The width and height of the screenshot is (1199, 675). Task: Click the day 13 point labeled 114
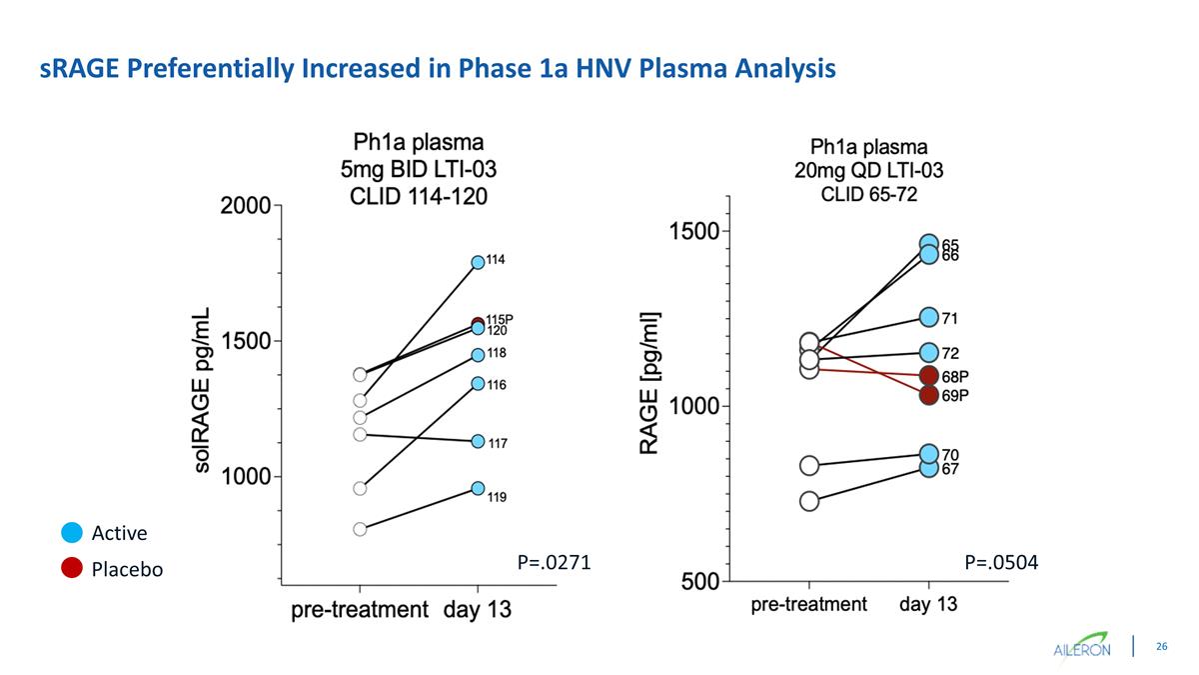coord(478,262)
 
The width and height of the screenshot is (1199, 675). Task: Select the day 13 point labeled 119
coord(478,488)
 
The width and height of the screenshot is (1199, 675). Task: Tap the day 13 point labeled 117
coord(478,441)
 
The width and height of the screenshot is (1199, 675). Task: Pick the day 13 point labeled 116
coord(478,383)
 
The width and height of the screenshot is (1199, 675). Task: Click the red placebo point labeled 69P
coord(929,395)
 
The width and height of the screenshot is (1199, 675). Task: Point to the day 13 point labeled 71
coord(929,317)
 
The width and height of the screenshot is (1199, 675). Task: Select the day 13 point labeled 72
coord(929,352)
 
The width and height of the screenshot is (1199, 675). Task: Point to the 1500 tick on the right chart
coord(693,231)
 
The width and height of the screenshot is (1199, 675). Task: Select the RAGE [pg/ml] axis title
coord(650,381)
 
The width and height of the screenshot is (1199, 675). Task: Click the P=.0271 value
coord(554,563)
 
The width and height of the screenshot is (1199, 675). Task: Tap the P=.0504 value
coord(1001,563)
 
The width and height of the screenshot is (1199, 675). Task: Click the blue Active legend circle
coord(71,532)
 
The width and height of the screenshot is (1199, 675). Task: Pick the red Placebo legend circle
coord(71,568)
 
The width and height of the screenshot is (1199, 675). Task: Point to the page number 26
coord(1162,647)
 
